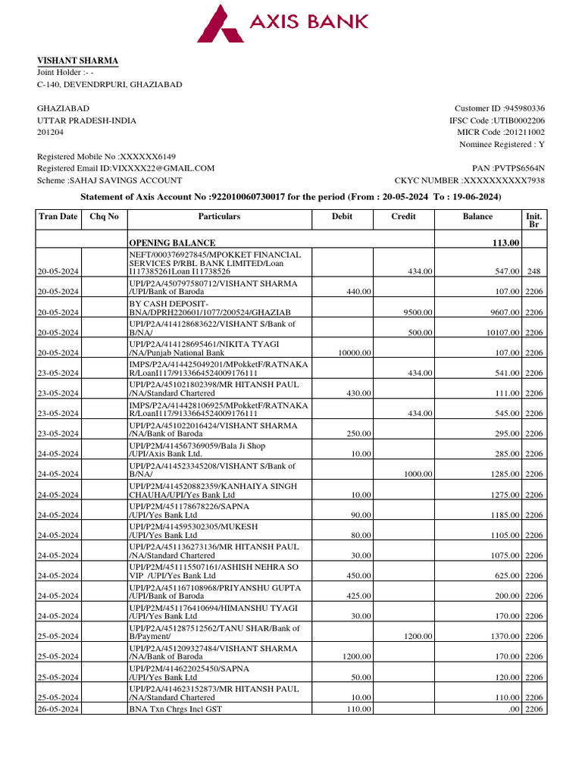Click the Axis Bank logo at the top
(283, 23)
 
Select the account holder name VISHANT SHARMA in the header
(77, 61)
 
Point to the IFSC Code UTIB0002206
(518, 120)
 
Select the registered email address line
(126, 168)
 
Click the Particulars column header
(219, 217)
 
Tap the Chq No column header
(104, 217)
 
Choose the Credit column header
(402, 217)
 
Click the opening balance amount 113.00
(505, 242)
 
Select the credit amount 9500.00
(417, 312)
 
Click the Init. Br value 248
(533, 271)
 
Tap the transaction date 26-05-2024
(59, 709)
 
